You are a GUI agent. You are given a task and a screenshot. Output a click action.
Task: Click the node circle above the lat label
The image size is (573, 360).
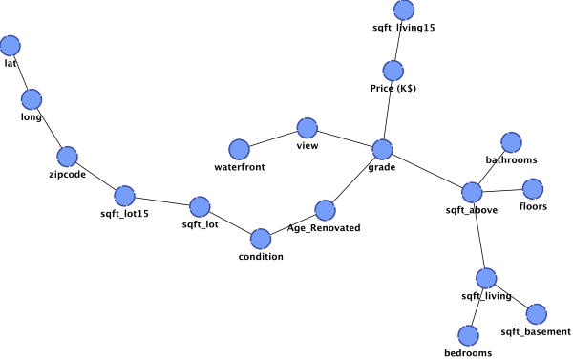pyautogui.click(x=11, y=46)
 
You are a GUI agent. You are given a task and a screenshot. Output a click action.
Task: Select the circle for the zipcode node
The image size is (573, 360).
pyautogui.click(x=68, y=157)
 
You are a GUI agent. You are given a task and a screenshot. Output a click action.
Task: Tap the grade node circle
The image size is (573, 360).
pyautogui.click(x=383, y=150)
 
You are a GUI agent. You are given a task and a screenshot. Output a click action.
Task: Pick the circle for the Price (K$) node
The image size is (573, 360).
pyautogui.click(x=393, y=71)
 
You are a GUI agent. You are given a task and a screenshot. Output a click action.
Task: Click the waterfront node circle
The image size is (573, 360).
pyautogui.click(x=240, y=150)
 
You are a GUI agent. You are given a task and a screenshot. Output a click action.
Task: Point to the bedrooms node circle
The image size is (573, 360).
pyautogui.click(x=468, y=335)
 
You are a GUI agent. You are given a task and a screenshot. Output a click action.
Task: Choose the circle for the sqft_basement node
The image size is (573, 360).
pyautogui.click(x=537, y=314)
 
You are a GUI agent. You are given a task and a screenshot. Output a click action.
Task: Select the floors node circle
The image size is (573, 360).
pyautogui.click(x=533, y=189)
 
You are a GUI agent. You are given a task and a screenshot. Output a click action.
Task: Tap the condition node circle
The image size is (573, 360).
pyautogui.click(x=261, y=239)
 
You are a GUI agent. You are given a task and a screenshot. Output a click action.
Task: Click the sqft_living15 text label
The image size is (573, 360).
pyautogui.click(x=404, y=28)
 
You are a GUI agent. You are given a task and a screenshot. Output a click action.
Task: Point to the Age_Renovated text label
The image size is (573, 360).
pyautogui.click(x=324, y=228)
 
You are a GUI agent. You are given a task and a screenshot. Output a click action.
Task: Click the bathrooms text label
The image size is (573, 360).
pyautogui.click(x=511, y=159)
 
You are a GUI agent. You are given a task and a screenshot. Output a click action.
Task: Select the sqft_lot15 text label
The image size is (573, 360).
pyautogui.click(x=124, y=214)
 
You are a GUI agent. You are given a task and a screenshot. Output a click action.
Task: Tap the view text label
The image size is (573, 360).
pyautogui.click(x=308, y=145)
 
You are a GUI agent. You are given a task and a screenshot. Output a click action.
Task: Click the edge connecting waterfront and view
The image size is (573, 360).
pyautogui.click(x=273, y=138)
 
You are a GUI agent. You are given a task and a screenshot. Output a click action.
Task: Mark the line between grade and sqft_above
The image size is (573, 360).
pyautogui.click(x=428, y=171)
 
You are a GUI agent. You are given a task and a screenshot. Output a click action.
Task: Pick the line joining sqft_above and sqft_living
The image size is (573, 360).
pyautogui.click(x=479, y=235)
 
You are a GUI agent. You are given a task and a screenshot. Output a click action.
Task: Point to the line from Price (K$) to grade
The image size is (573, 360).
pyautogui.click(x=388, y=110)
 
